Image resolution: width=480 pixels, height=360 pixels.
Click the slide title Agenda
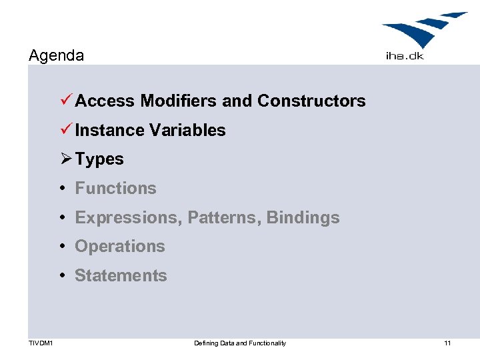57,55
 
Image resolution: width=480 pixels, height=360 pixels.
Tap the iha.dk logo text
405,56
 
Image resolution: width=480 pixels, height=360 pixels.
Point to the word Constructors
311,101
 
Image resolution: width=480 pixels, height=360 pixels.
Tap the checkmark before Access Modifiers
65,101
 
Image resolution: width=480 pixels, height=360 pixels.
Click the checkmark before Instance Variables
65,130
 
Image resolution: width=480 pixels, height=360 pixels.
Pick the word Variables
188,131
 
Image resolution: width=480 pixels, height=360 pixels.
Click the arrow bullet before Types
66,159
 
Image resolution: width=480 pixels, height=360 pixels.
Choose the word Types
99,160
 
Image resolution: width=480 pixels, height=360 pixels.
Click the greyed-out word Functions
115,189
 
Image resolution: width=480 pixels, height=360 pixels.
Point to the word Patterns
224,218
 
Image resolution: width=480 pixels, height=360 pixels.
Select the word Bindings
303,218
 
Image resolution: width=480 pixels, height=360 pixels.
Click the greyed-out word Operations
120,247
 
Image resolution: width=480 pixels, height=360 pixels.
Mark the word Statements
121,276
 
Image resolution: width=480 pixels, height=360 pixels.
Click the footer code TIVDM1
41,343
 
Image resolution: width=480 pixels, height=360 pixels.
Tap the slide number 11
447,343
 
